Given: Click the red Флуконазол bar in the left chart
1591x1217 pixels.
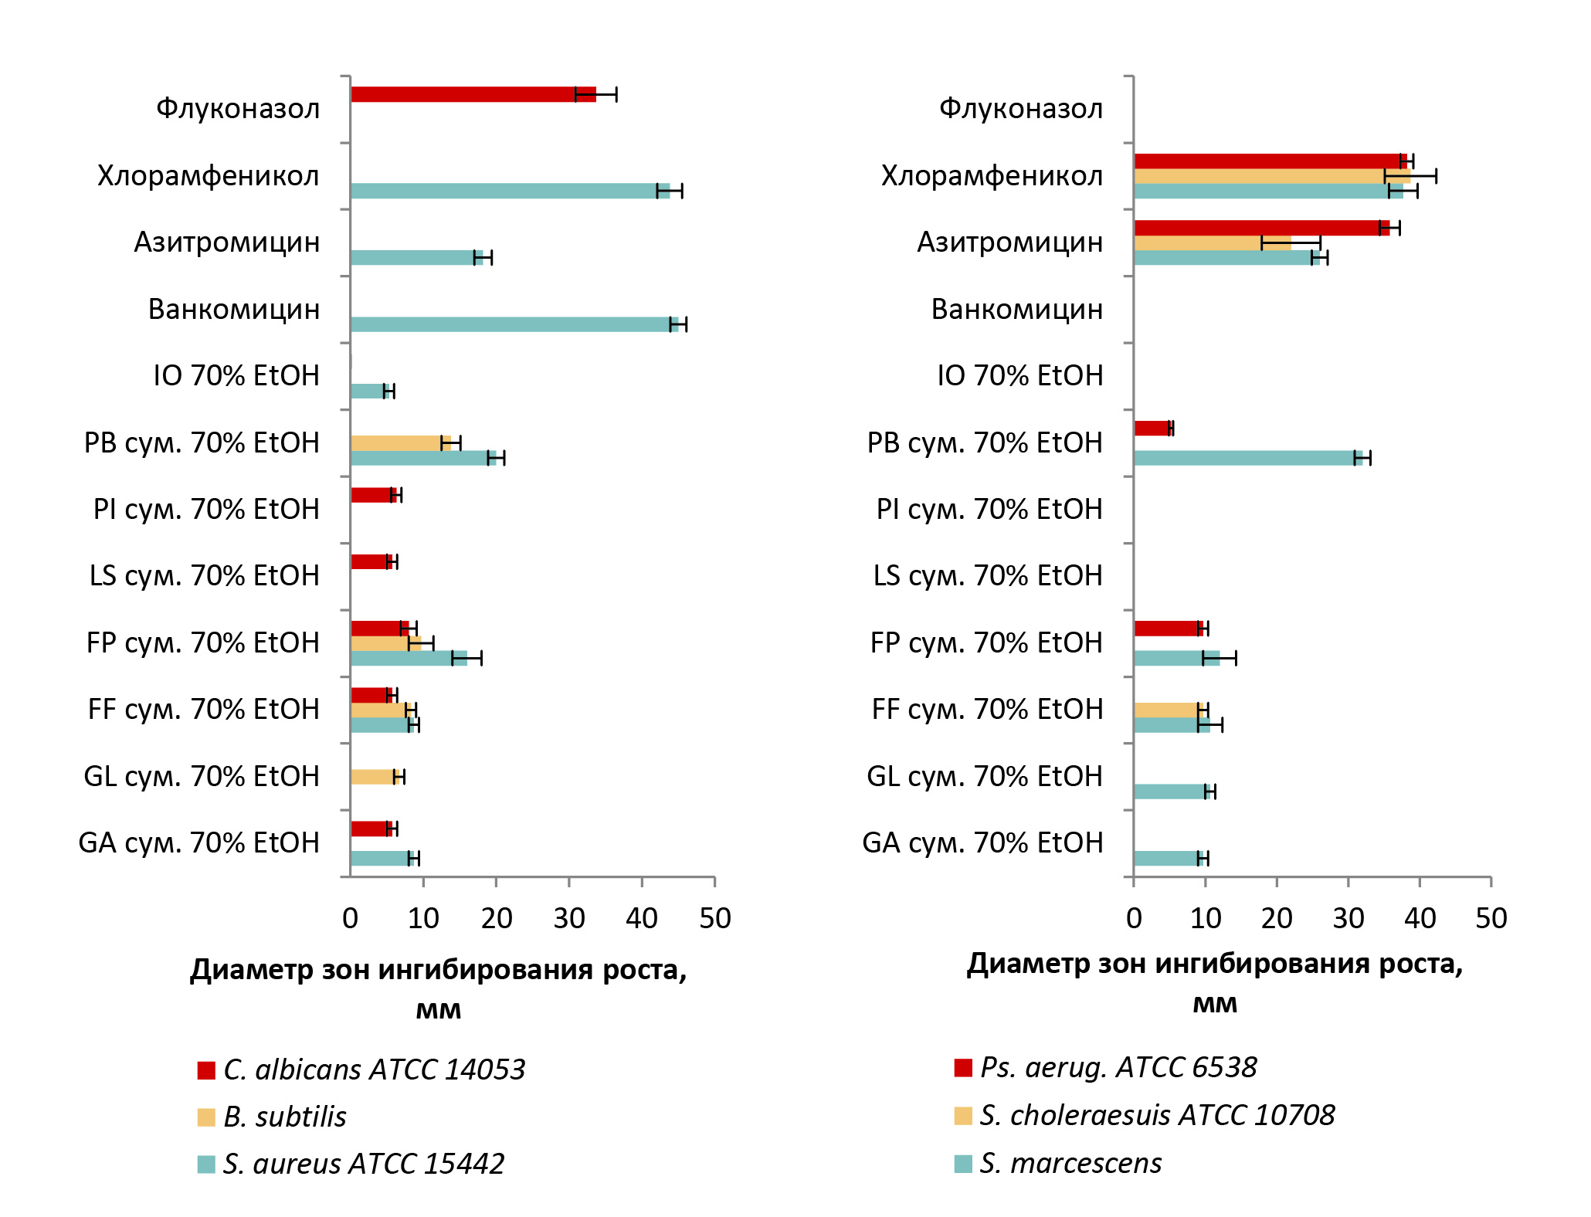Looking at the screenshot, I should coord(473,94).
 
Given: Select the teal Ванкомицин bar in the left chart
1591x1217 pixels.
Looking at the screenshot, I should coord(514,324).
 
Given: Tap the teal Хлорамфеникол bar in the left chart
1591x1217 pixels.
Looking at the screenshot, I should coord(510,191).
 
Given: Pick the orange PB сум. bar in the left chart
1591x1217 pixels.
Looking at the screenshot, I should coord(400,442).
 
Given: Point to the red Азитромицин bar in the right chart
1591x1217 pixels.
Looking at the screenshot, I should coord(1261,228).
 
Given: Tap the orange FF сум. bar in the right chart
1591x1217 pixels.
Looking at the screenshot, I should coord(1168,710).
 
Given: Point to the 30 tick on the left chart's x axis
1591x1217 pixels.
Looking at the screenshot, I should coord(569,918).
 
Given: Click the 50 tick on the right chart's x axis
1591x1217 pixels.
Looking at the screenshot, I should coord(1491,918).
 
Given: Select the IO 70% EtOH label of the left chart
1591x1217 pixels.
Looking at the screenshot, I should coord(236,376).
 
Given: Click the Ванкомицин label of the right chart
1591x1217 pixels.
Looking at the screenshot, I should coord(1016,310).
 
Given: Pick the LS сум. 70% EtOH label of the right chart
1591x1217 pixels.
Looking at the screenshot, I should coord(987,576).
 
